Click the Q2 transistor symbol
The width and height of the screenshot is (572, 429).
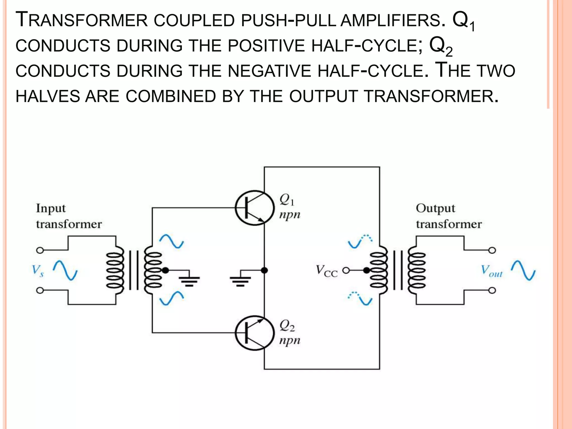tap(254, 333)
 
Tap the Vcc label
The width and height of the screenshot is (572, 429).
tap(326, 271)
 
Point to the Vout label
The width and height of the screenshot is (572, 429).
tap(491, 271)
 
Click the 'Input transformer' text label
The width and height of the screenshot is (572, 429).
tap(68, 216)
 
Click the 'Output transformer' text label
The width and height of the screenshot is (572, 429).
tap(449, 216)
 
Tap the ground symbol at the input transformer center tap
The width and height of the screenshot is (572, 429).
tap(189, 281)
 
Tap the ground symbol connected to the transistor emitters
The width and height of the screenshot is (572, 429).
tap(240, 281)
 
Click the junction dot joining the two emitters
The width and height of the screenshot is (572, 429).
tap(264, 270)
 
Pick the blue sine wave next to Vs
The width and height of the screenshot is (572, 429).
tap(65, 270)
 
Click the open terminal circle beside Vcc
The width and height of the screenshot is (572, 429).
tap(346, 270)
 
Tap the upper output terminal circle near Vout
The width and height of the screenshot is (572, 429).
tap(492, 250)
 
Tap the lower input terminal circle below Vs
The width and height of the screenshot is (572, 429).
tap(40, 291)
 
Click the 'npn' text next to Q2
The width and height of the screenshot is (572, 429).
tap(290, 340)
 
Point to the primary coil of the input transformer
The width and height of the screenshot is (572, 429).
tap(115, 270)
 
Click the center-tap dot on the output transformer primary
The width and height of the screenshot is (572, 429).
tap(367, 270)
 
